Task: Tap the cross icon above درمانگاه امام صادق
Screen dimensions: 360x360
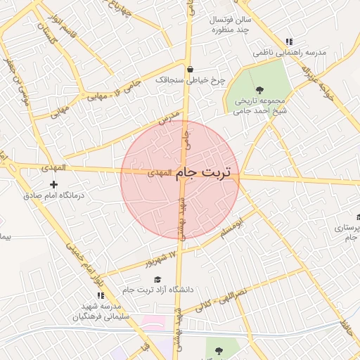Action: [53, 184]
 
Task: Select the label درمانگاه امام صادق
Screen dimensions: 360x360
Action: [54, 195]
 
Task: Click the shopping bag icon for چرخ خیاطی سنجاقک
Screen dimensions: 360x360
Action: [191, 69]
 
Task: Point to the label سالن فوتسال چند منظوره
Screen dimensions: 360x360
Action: [233, 25]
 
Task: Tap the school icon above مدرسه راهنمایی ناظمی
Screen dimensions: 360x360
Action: [289, 41]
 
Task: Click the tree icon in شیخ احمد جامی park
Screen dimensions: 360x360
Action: [260, 89]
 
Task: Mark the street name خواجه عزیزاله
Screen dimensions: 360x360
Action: [315, 78]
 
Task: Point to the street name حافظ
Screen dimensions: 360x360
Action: [345, 327]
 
